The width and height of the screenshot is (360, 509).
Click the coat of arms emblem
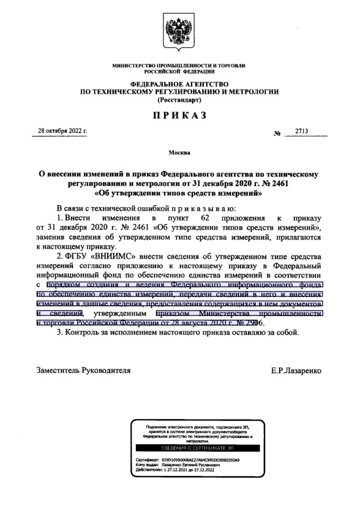(x=179, y=31)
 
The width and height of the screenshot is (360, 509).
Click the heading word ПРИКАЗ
(x=179, y=115)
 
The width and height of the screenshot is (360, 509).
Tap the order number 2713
(x=302, y=131)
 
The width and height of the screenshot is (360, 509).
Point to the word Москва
(x=179, y=151)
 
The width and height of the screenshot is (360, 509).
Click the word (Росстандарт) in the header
(x=179, y=99)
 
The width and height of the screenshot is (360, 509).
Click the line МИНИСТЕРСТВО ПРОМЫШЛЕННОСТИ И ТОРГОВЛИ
(x=179, y=65)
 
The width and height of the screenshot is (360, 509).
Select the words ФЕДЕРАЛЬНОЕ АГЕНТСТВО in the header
(x=179, y=84)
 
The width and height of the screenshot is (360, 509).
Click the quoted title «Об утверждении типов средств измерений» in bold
(x=179, y=194)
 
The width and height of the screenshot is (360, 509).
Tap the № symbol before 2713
(x=276, y=133)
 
